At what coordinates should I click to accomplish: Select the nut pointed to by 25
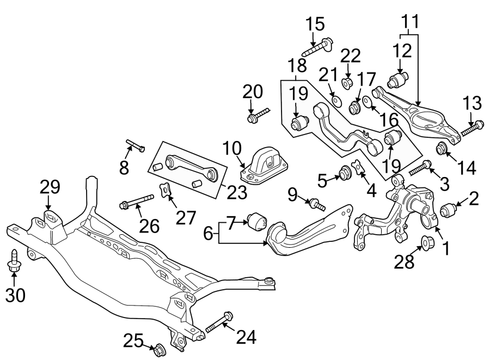coord(160,348)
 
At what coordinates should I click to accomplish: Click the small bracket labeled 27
coord(163,191)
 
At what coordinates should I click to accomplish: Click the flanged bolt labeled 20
coord(259,115)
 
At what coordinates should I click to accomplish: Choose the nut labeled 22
coord(348,82)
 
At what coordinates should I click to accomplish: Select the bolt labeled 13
coord(471,128)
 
